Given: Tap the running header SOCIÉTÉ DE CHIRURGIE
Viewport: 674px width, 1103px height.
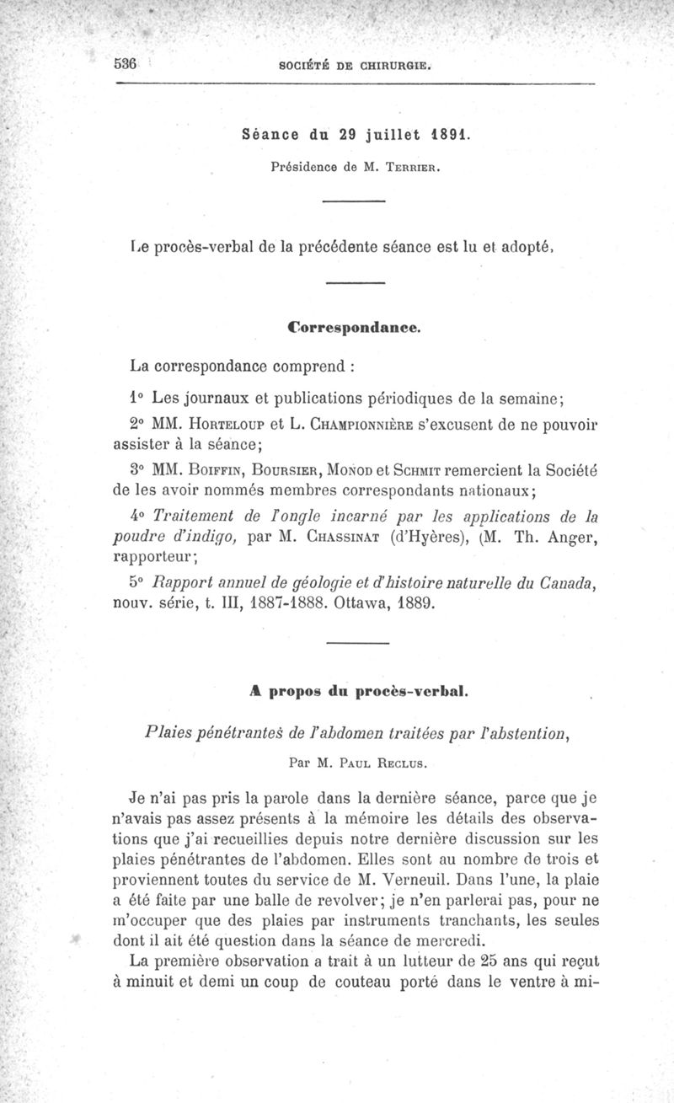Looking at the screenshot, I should [x=361, y=66].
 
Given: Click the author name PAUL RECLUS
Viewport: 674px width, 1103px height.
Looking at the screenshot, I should [x=372, y=764].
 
